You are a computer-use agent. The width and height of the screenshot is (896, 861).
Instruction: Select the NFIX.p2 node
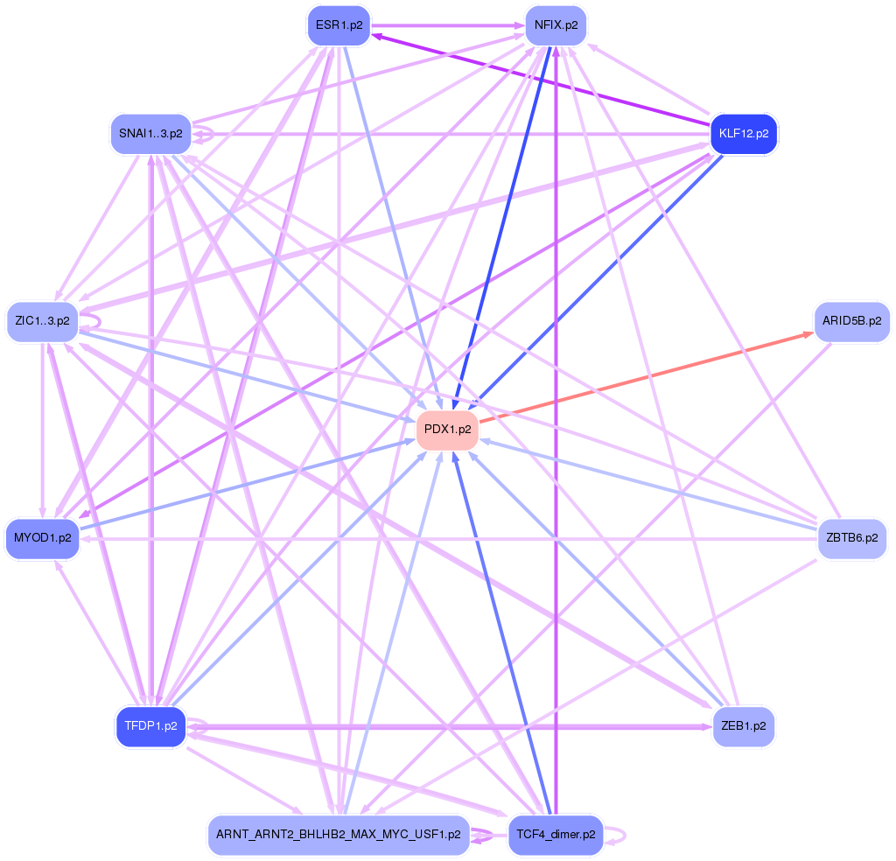point(556,25)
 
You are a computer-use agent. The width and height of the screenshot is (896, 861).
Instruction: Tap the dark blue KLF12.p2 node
point(743,134)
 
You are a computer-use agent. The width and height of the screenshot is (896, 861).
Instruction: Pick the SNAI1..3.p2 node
point(150,134)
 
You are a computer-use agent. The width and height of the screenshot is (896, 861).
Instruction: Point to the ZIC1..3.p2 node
point(42,321)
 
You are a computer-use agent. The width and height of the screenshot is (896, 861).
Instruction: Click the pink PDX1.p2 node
point(447,430)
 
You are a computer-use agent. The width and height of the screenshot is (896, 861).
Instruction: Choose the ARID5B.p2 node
point(851,321)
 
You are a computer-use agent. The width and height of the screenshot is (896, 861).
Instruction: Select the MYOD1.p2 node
point(42,537)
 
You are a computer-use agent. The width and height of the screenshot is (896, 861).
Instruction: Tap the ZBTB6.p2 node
point(851,537)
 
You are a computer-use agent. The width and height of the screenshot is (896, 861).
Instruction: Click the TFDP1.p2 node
point(150,726)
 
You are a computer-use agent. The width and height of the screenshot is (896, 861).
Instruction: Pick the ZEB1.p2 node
point(743,726)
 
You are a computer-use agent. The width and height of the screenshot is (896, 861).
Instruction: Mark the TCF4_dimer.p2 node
point(556,835)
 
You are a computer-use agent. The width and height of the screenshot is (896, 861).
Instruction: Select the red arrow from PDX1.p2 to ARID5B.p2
point(643,377)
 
